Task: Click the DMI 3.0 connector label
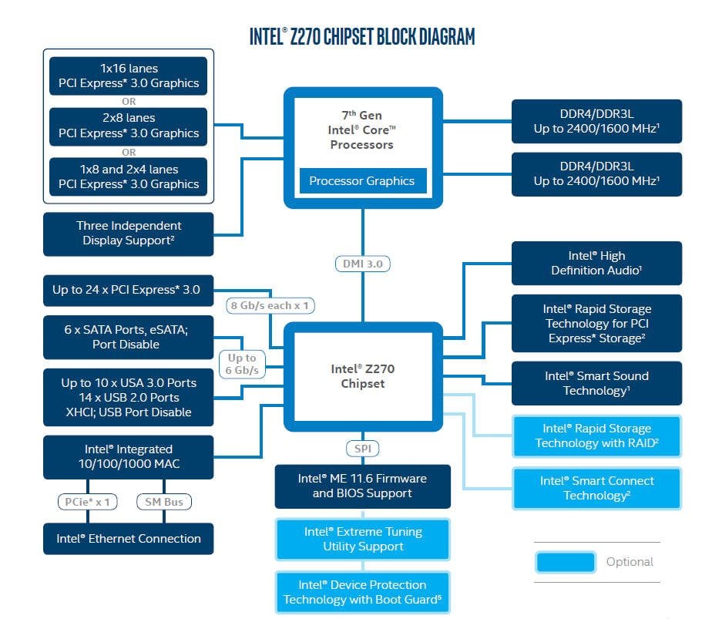point(362,264)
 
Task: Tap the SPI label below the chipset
point(362,449)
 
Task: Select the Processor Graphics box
point(362,181)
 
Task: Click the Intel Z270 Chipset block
point(362,376)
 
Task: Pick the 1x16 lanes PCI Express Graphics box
point(129,76)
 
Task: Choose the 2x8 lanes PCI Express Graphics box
point(129,126)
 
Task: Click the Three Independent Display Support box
point(129,234)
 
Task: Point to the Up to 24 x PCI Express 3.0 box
point(127,291)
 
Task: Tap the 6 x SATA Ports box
point(127,337)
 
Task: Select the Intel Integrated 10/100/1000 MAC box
point(128,456)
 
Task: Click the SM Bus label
point(163,502)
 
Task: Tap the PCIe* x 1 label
point(86,502)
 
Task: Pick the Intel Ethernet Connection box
point(128,539)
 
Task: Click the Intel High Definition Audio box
point(596,263)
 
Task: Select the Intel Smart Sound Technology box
point(596,383)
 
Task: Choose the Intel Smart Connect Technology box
point(596,488)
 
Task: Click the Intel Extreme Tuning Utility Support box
point(363,539)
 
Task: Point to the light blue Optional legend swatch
point(565,562)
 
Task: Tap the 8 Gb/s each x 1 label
point(270,305)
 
